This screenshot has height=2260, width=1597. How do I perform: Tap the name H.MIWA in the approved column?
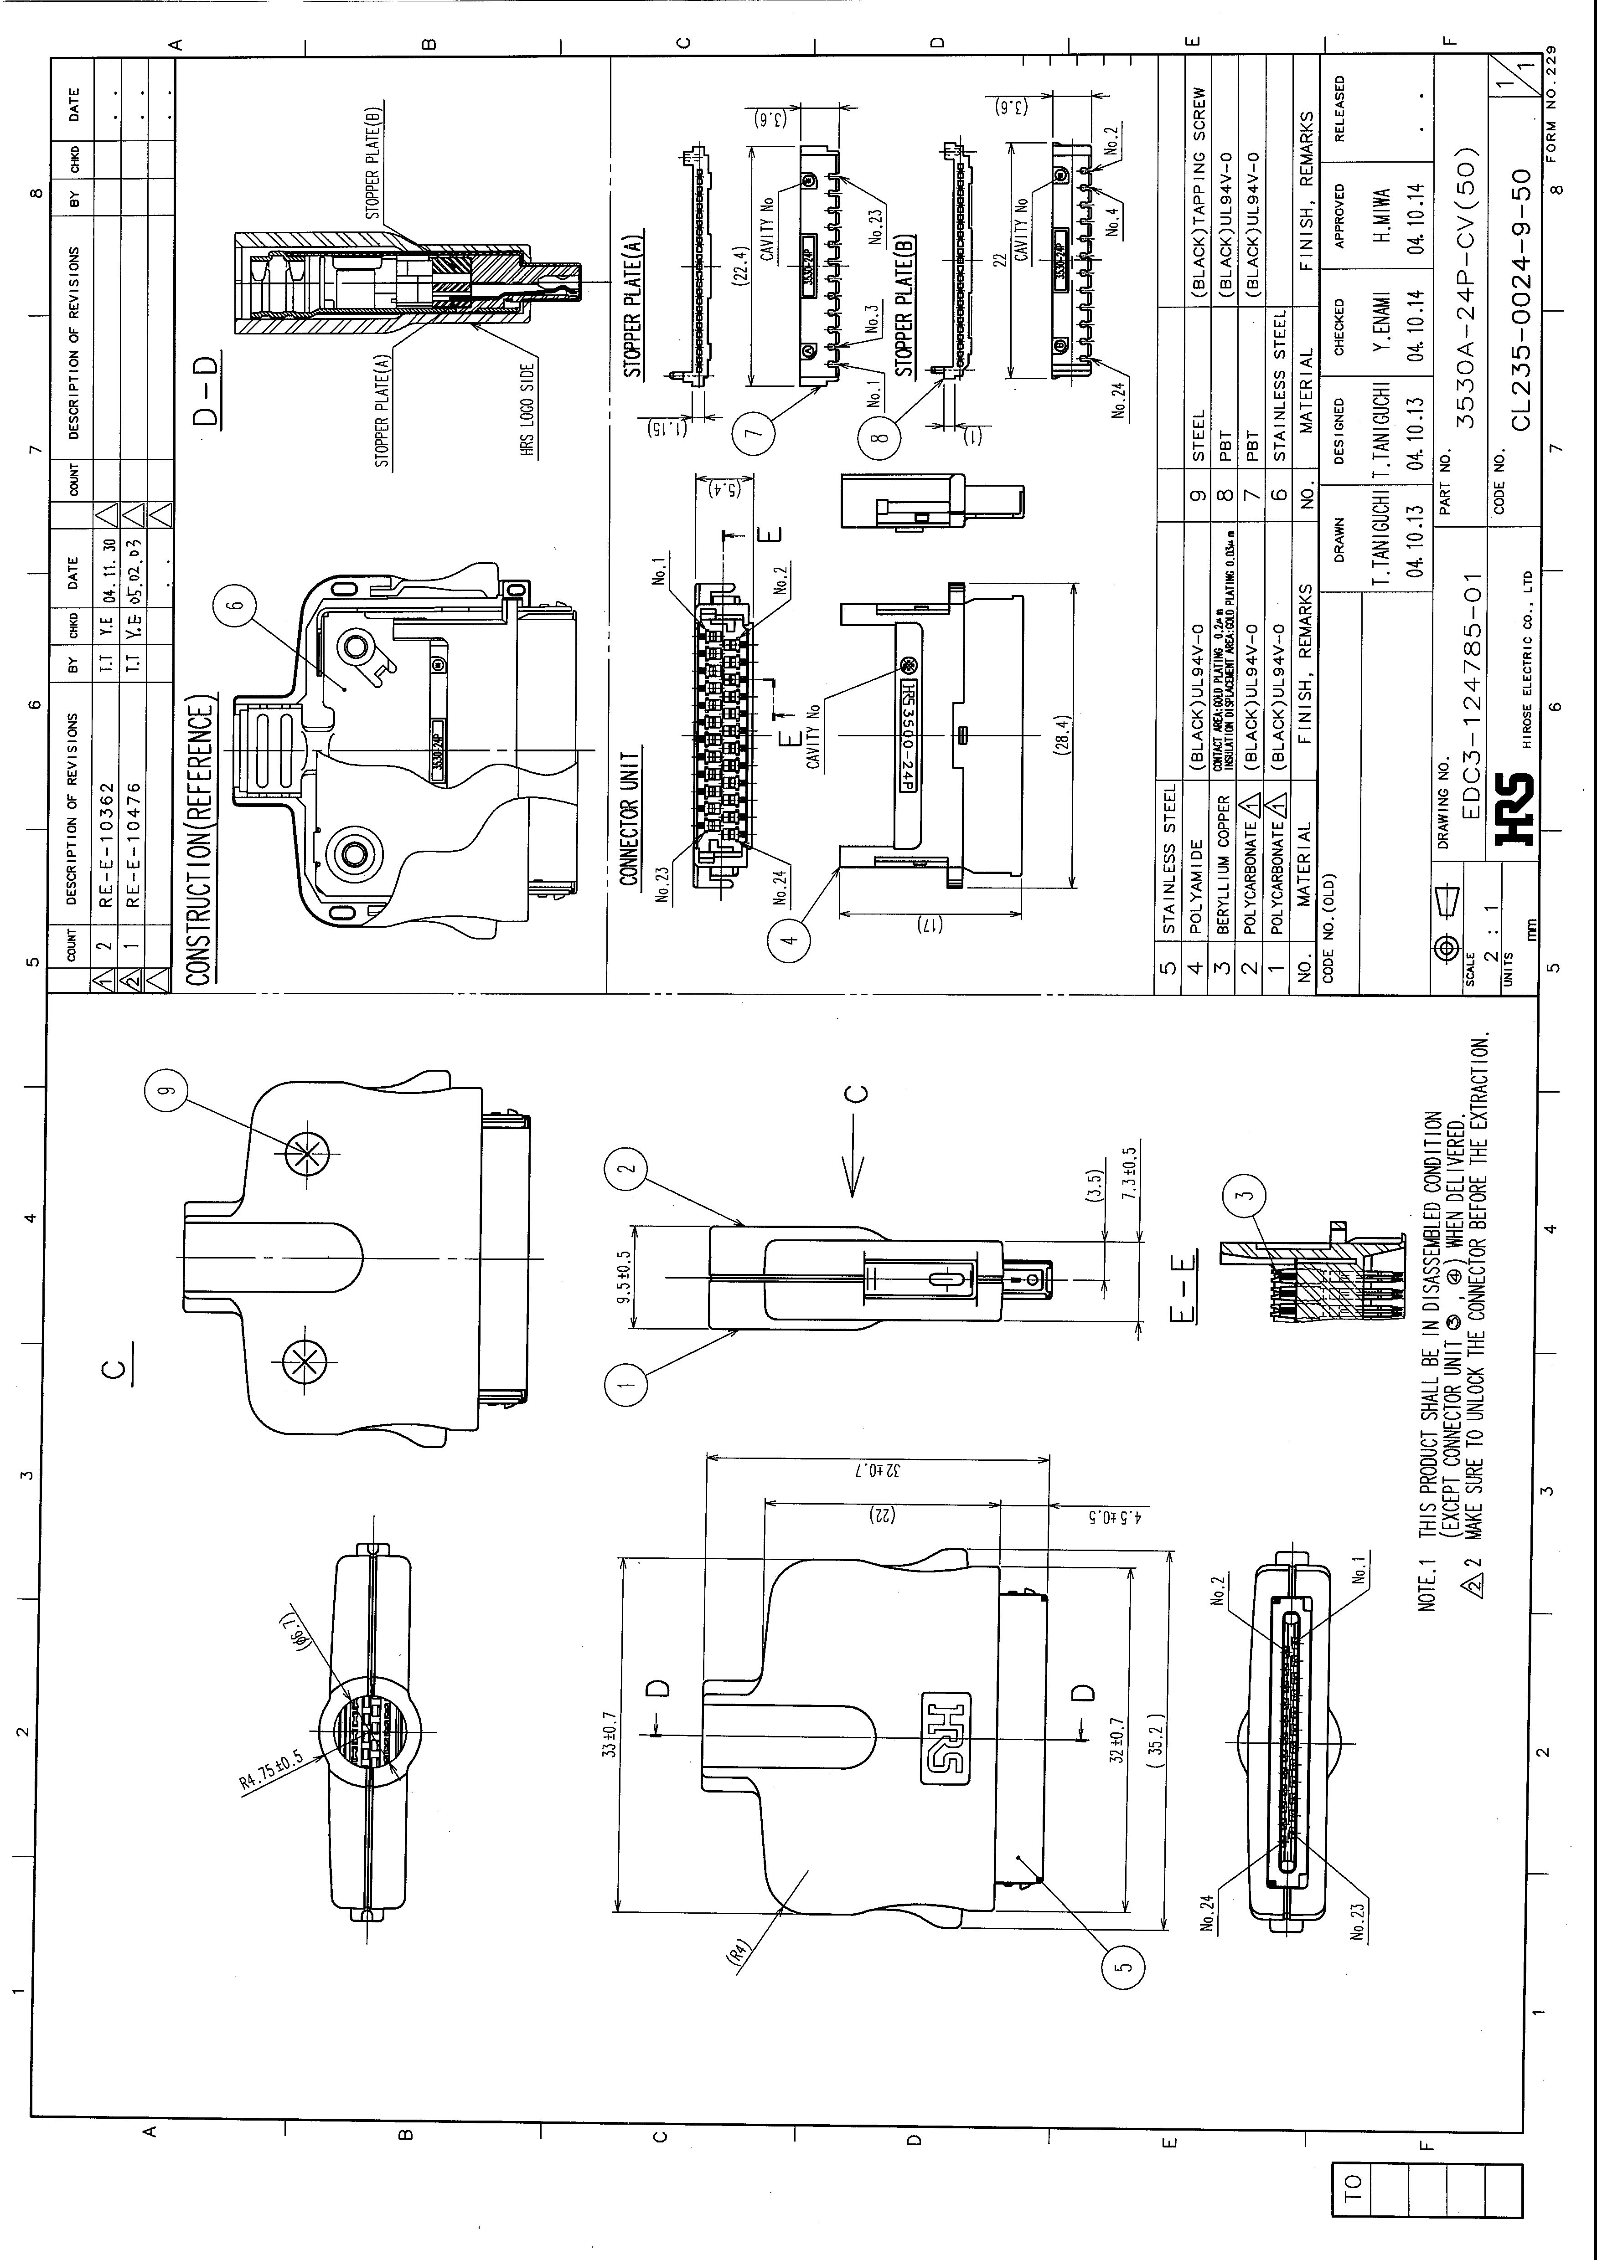(1383, 216)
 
